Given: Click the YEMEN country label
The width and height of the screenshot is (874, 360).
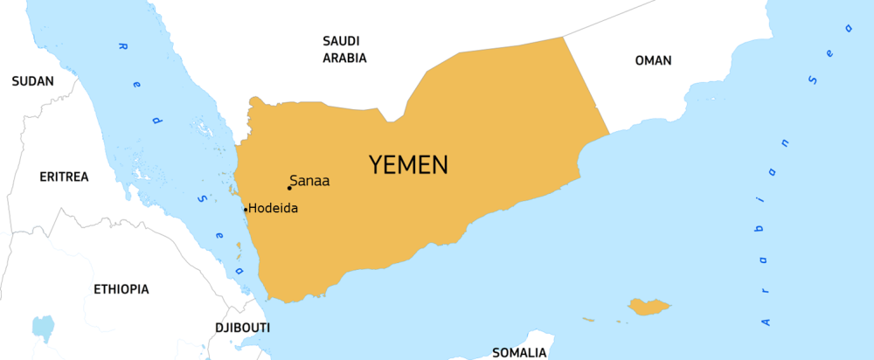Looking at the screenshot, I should coord(408,164).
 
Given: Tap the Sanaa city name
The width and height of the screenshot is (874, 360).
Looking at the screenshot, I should coord(312,182).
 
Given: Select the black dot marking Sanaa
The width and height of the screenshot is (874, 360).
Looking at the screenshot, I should coord(289,188).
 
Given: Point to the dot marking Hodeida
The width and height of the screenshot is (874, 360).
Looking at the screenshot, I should coord(246,209).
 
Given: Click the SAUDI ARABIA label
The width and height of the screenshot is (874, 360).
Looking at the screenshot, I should coord(344,50).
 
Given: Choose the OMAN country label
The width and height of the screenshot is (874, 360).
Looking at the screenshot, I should coord(653,60).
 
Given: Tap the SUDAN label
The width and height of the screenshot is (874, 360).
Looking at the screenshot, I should coord(32,81).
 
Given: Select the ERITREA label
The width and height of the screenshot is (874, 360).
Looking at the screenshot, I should coord(64,177).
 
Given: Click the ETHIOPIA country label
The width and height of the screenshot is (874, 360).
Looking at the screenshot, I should coord(121,288).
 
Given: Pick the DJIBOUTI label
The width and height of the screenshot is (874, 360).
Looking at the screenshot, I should coord(242,328).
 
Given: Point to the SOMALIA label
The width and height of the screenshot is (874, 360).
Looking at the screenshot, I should coord(519,352).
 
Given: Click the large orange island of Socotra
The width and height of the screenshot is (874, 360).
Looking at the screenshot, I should coord(649,307).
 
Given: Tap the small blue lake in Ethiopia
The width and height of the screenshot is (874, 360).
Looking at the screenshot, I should coord(42,328).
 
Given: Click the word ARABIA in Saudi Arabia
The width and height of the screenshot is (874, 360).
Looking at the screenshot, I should coord(344,59).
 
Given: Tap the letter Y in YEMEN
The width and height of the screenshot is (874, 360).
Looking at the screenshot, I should coord(376,164).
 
